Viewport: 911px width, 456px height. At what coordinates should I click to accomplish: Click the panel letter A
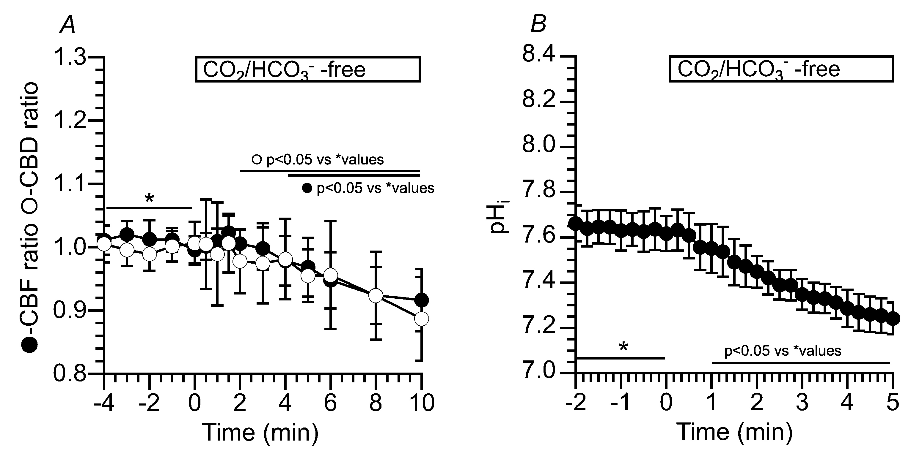click(68, 26)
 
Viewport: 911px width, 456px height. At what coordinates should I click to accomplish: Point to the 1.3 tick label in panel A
click(69, 57)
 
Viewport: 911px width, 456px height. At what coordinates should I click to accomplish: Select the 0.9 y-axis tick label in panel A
click(69, 311)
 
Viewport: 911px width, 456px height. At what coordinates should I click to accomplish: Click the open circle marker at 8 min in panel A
click(376, 295)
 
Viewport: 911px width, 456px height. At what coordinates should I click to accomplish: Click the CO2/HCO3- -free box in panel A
click(308, 69)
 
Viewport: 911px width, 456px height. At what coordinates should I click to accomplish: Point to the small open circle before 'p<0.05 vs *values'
click(256, 160)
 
